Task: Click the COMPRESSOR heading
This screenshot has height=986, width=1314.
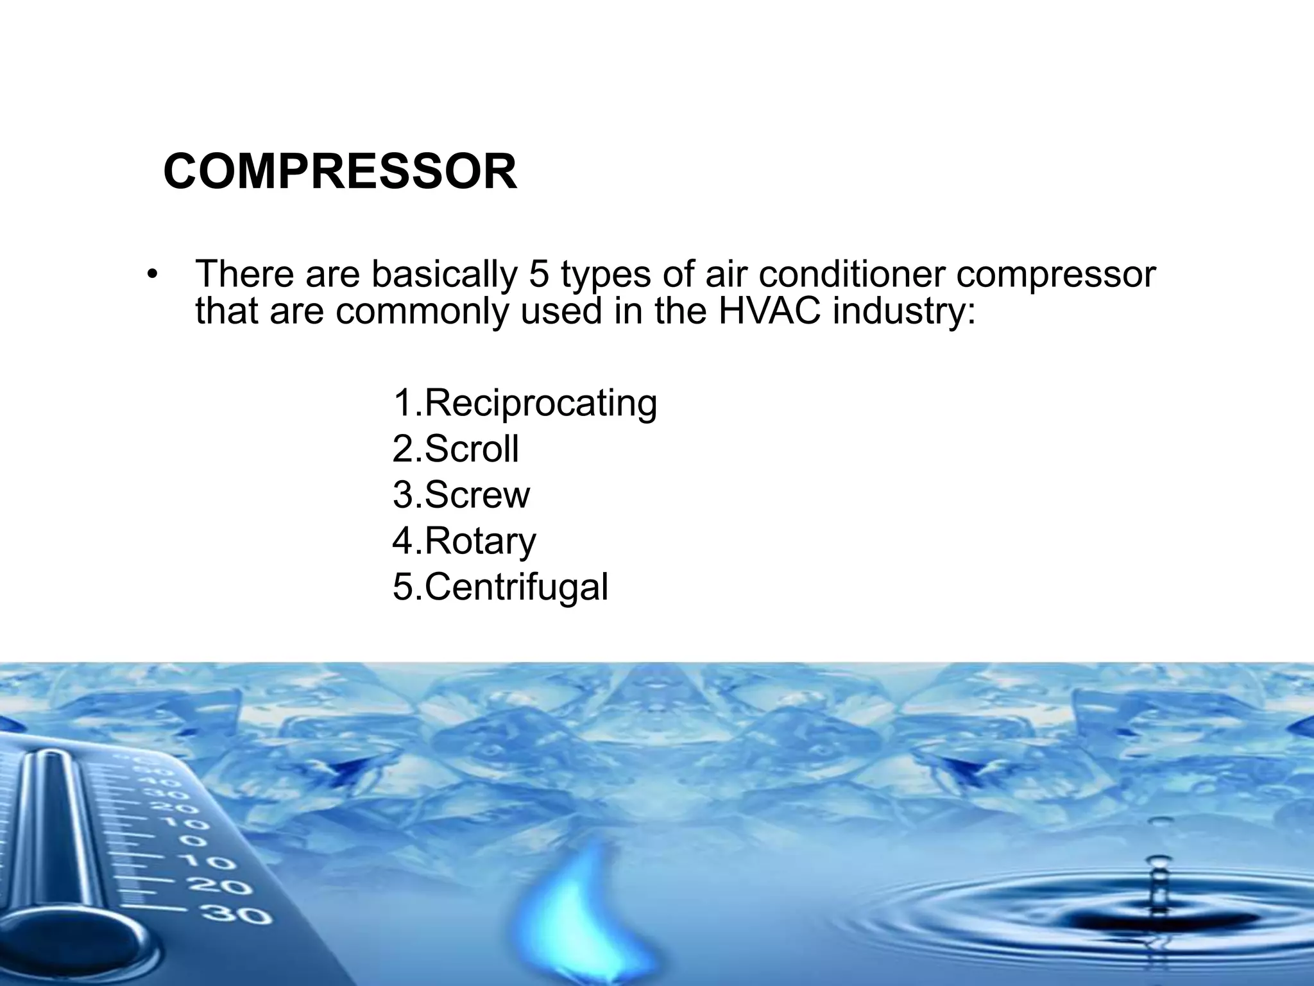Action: coord(340,172)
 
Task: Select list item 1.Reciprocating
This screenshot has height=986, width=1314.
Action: coord(525,403)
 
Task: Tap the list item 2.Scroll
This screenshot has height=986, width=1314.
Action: coord(456,449)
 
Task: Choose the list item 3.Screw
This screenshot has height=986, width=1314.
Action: coord(461,495)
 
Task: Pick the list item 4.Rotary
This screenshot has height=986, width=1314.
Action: coord(464,541)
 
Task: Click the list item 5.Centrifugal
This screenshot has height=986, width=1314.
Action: coord(500,587)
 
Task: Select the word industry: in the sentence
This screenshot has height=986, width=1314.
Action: coord(904,312)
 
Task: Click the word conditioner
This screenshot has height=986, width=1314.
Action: coord(851,274)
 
